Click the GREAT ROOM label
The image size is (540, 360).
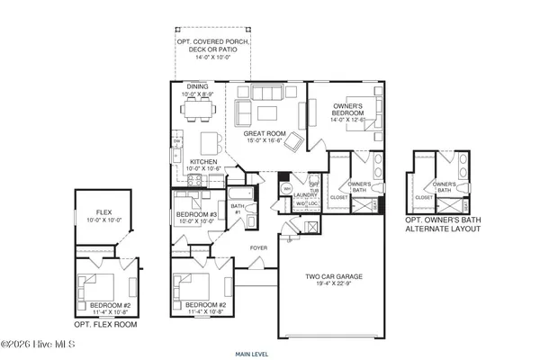263,132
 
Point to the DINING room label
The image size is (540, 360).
197,86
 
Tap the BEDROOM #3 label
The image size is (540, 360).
195,214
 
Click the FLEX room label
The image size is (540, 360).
105,212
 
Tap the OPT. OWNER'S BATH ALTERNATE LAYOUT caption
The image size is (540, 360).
442,224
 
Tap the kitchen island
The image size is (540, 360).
210,143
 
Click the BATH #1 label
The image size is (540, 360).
237,209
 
